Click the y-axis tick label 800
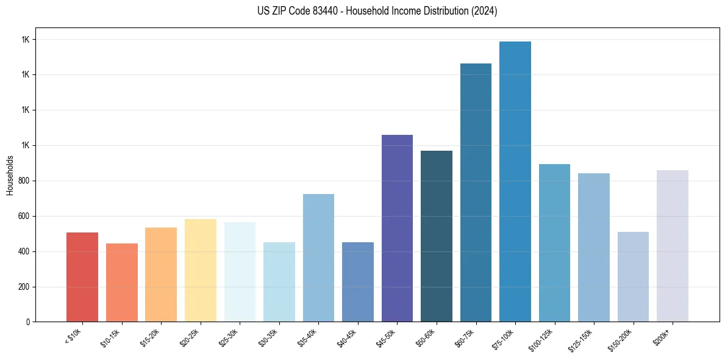(x=23, y=181)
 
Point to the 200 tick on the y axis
(x=23, y=287)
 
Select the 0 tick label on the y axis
(x=27, y=322)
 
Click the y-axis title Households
(x=10, y=175)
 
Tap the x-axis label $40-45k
(x=346, y=337)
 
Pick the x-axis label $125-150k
(x=580, y=339)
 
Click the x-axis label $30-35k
(x=268, y=337)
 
